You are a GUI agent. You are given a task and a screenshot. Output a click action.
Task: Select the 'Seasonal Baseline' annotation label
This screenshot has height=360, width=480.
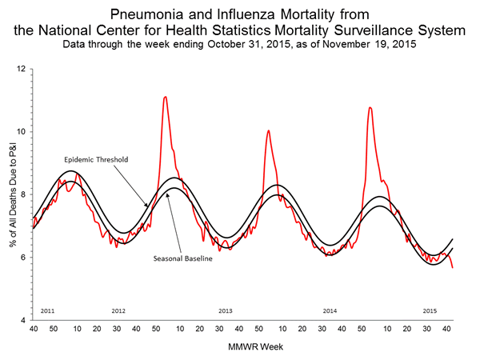pyautogui.click(x=182, y=258)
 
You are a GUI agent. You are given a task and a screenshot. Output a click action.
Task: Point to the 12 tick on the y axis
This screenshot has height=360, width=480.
pyautogui.click(x=22, y=69)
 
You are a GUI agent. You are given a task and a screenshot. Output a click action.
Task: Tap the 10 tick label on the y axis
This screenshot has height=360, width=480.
pyautogui.click(x=22, y=131)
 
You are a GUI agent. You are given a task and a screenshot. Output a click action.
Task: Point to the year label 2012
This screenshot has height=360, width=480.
pyautogui.click(x=118, y=310)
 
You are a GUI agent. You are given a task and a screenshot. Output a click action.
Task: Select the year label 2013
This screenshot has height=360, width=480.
pyautogui.click(x=225, y=310)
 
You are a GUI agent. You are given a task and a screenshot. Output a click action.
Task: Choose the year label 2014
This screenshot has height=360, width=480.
pyautogui.click(x=330, y=310)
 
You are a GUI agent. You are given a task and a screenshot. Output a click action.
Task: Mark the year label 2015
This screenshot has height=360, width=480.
pyautogui.click(x=430, y=310)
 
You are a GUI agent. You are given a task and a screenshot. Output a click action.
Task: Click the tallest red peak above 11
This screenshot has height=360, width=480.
pyautogui.click(x=165, y=97)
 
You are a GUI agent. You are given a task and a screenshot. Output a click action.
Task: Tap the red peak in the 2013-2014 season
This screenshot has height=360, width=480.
pyautogui.click(x=268, y=130)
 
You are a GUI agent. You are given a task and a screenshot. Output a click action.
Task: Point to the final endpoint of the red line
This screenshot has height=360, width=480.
pyautogui.click(x=453, y=267)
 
